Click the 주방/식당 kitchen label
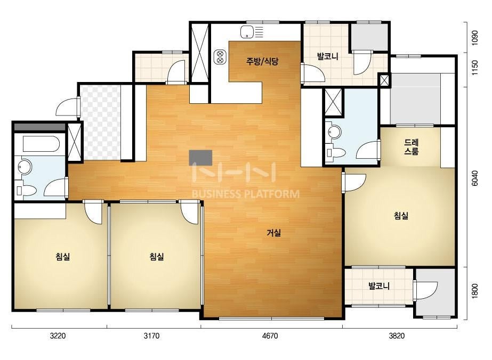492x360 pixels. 262,61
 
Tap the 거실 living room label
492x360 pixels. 273,233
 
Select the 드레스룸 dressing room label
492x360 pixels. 412,147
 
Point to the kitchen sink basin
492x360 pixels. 247,32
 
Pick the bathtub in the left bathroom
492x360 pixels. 41,144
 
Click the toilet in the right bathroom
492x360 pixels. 335,153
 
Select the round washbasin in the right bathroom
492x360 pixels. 334,132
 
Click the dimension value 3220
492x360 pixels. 58,336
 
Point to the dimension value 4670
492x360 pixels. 270,336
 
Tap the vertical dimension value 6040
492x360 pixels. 475,178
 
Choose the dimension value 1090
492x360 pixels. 475,38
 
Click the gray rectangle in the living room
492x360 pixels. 200,158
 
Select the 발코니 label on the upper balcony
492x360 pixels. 328,57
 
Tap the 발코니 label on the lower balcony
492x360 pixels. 379,286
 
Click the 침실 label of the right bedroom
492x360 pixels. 401,216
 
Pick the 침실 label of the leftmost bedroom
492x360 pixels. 63,257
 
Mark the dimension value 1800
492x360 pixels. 475,291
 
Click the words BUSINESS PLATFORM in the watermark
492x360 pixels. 245,194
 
